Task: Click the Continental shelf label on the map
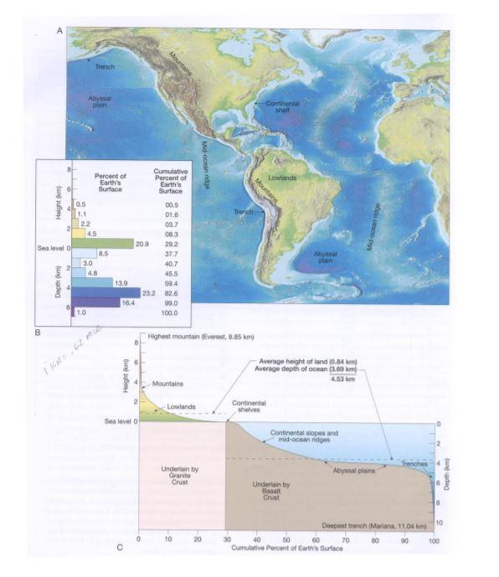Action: coord(283,107)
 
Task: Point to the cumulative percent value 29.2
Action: coord(172,243)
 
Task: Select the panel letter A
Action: coord(59,31)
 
